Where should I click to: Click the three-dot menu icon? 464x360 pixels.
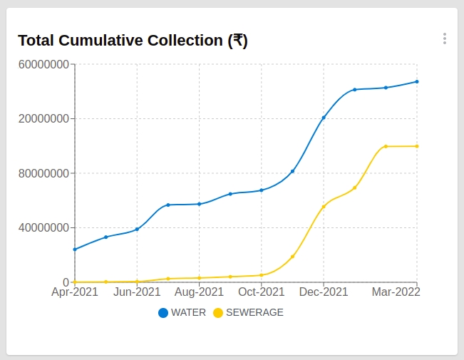444,38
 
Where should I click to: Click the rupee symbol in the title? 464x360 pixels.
238,41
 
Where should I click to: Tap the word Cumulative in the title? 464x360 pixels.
123,41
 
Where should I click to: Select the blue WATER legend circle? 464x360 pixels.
163,312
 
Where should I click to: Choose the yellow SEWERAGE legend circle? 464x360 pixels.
218,312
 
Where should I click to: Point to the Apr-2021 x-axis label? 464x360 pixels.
75,292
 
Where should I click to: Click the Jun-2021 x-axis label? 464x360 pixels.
137,292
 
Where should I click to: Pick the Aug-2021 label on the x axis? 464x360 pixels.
200,292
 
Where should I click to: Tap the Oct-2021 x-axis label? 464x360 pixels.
262,292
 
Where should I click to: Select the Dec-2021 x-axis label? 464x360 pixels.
324,292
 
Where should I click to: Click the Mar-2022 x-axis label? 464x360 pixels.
396,292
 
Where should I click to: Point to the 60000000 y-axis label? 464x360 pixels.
43,64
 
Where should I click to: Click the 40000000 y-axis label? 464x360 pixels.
43,228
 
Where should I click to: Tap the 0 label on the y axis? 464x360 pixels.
66,282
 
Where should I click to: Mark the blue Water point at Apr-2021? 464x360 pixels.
75,250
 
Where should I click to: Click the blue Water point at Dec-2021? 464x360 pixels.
324,118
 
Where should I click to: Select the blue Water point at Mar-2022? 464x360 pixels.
417,81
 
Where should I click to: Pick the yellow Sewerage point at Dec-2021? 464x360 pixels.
324,207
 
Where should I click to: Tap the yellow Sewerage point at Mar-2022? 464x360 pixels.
417,146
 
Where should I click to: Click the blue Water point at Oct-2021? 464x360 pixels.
262,190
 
